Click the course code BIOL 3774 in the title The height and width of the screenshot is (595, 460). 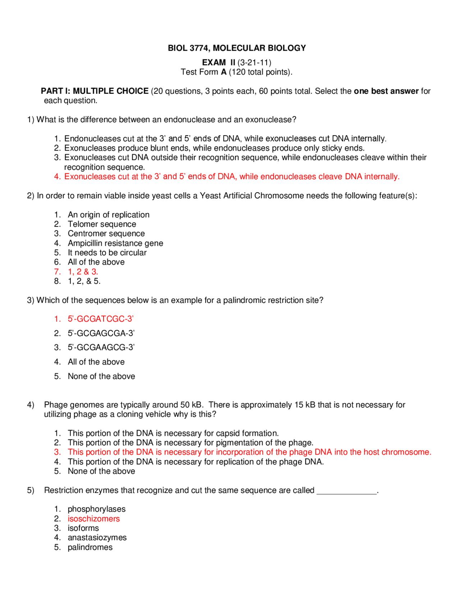[x=187, y=48]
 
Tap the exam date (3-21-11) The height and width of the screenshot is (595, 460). [x=254, y=63]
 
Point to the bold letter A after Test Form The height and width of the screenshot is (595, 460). [x=224, y=72]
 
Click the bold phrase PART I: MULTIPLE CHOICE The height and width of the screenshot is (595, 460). [x=95, y=91]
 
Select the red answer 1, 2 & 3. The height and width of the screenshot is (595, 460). [x=83, y=272]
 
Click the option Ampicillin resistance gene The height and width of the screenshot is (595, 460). [x=115, y=243]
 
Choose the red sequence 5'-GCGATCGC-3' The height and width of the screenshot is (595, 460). [x=101, y=319]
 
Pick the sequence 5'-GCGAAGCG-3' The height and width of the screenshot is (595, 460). [x=101, y=347]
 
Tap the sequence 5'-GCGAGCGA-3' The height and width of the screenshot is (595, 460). [x=101, y=333]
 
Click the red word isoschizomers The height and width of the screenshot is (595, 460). [x=93, y=519]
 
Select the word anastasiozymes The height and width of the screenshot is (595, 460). [x=97, y=538]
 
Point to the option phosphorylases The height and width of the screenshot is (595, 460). [x=96, y=509]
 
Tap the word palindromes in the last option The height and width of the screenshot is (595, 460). [x=90, y=548]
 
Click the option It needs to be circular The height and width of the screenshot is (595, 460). [x=107, y=253]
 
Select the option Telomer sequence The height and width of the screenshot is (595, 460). [x=102, y=224]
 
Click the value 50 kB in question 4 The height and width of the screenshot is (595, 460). [x=192, y=405]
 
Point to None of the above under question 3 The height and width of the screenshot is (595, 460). [x=101, y=376]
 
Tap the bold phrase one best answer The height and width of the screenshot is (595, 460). [x=386, y=91]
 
